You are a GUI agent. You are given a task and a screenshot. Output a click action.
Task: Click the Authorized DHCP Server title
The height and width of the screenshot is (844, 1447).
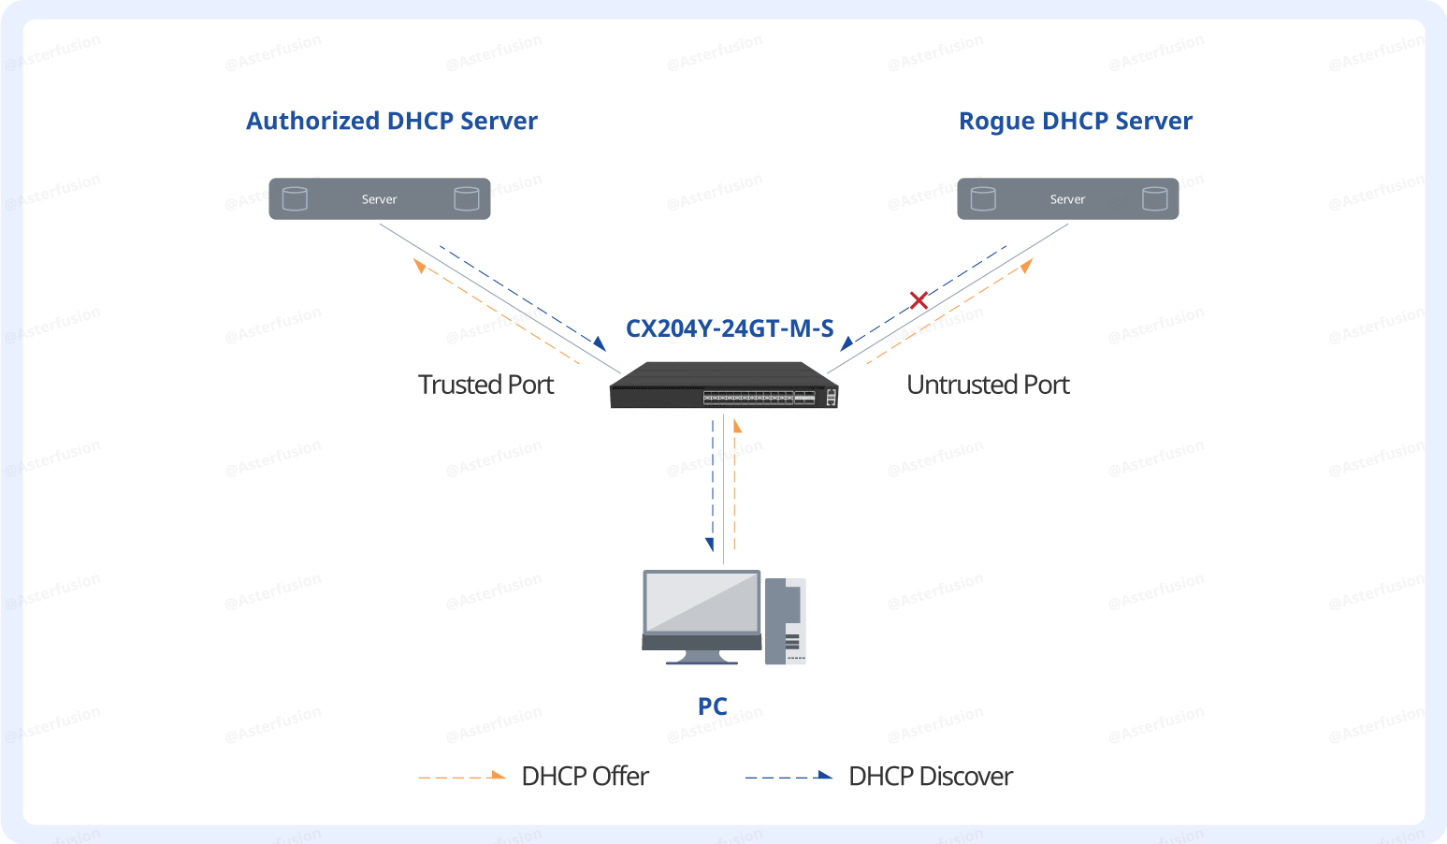391,122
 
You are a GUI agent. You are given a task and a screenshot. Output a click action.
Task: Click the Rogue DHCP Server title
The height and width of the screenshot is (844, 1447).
1075,122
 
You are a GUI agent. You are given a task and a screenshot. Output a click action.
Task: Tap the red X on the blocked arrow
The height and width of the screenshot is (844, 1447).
919,300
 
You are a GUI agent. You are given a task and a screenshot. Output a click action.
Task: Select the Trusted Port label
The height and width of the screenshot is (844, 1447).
485,385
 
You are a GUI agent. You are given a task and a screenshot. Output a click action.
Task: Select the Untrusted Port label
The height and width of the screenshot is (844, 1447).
988,385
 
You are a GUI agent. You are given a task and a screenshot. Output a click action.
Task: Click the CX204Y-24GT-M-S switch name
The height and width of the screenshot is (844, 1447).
729,328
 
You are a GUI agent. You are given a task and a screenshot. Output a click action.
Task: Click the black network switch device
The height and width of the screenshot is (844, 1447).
723,386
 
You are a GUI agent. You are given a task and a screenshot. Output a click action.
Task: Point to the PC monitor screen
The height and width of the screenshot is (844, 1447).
702,602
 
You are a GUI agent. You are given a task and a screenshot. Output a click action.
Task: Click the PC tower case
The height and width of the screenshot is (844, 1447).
785,621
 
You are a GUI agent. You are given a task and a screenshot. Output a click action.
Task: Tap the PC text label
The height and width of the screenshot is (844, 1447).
712,706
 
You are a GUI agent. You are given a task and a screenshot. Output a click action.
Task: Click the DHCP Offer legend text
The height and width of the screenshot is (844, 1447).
585,777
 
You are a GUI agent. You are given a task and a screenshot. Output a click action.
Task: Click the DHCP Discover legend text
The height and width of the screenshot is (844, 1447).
930,777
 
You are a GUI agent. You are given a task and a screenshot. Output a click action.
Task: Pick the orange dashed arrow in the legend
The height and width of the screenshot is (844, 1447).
462,776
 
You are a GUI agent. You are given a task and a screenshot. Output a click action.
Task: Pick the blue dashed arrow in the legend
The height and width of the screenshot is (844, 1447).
789,776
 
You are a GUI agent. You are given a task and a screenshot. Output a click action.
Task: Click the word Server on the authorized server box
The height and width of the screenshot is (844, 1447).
379,199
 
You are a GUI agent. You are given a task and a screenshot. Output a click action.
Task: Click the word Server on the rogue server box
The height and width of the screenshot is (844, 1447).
1067,199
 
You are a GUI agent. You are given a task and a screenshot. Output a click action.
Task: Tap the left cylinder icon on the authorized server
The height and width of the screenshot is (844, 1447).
295,198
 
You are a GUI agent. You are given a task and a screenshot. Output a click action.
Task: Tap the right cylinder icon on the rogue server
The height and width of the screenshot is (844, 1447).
1154,198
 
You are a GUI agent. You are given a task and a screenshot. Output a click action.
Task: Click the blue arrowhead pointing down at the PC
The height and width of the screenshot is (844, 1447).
710,545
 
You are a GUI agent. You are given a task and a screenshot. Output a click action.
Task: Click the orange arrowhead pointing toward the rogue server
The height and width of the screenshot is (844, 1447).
1026,266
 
